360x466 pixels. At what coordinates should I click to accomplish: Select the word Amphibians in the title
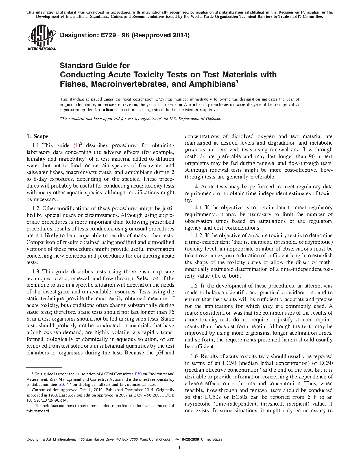point(212,84)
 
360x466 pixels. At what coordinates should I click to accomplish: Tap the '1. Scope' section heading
point(38,136)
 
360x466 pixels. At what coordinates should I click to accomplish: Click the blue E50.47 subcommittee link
point(65,384)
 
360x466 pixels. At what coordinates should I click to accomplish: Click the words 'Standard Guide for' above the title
point(95,66)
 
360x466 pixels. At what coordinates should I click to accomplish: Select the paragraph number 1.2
point(36,208)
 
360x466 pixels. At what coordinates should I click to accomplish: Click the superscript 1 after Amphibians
point(237,82)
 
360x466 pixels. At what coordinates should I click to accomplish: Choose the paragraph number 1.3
point(36,272)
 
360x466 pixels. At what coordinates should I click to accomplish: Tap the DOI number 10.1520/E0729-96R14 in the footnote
point(47,400)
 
